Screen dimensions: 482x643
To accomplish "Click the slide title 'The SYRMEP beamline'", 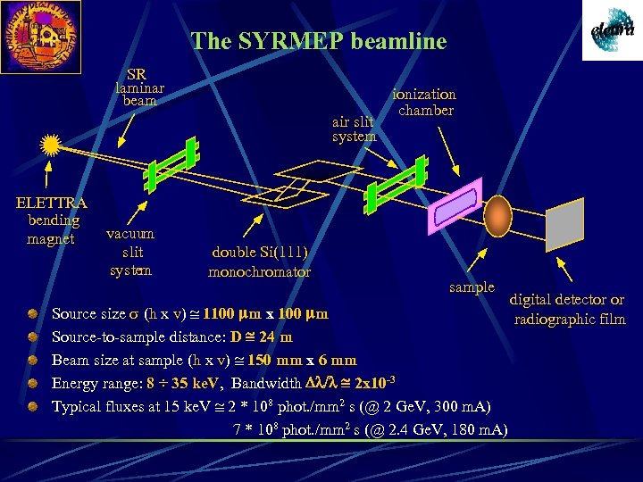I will click(x=319, y=41).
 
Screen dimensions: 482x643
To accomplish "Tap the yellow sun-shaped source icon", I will click(x=51, y=145).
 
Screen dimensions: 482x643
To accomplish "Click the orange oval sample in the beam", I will click(x=497, y=216).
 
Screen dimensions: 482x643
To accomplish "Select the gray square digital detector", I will click(x=565, y=229).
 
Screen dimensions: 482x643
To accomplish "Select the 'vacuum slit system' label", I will click(x=130, y=252).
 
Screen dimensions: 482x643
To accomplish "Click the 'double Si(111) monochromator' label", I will click(x=259, y=262).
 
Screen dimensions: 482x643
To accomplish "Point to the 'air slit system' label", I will click(x=353, y=129).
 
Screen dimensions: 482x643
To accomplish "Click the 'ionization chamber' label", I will click(x=425, y=102).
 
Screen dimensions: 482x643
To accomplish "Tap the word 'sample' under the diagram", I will click(x=472, y=287).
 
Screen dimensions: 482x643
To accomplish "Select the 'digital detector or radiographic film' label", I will click(x=568, y=310).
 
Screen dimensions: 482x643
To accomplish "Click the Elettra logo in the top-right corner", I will click(x=612, y=30).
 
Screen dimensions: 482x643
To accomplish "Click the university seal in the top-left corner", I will click(x=39, y=35).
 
